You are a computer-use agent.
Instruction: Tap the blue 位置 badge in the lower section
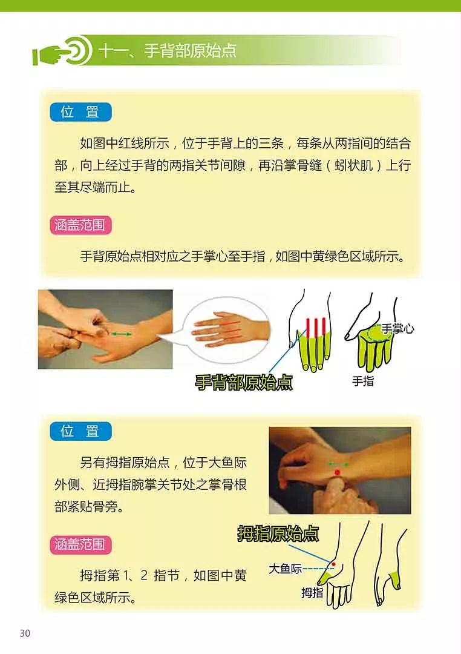point(80,431)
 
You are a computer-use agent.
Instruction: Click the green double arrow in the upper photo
point(120,334)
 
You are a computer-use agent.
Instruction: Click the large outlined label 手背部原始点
point(243,383)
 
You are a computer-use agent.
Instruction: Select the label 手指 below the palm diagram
point(363,381)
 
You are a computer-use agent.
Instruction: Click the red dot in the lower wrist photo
point(338,472)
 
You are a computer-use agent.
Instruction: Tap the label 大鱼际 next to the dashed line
point(285,569)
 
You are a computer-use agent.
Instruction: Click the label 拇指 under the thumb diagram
point(312,593)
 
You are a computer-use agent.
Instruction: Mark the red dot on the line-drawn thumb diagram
point(333,564)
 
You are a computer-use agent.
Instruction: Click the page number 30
point(25,633)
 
